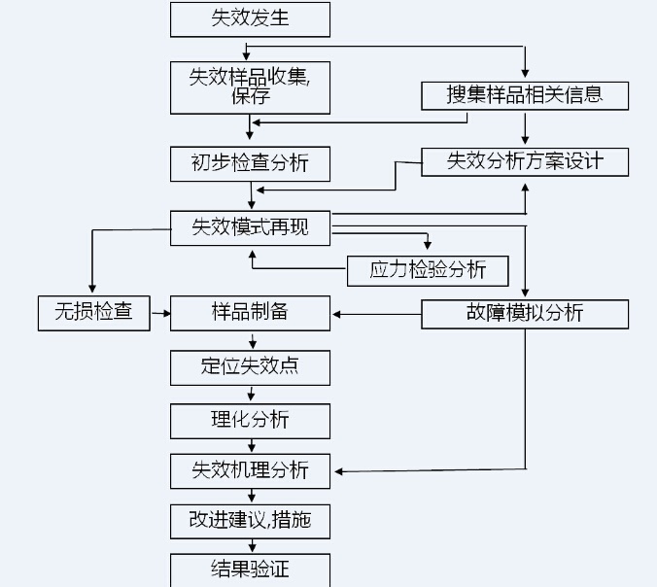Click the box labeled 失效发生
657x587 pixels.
pyautogui.click(x=250, y=19)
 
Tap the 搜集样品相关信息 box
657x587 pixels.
pyautogui.click(x=525, y=95)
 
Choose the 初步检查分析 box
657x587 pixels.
pyautogui.click(x=250, y=162)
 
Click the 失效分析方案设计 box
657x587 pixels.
pyautogui.click(x=525, y=161)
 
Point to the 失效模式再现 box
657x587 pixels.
pyautogui.click(x=250, y=227)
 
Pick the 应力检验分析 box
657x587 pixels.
pyautogui.click(x=428, y=270)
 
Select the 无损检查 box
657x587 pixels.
pyautogui.click(x=94, y=313)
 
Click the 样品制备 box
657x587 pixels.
pyautogui.click(x=250, y=313)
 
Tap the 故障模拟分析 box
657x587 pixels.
pyautogui.click(x=525, y=313)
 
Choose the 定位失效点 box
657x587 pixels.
pyautogui.click(x=250, y=367)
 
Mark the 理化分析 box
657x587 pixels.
pyautogui.click(x=250, y=420)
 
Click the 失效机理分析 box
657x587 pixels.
pyautogui.click(x=250, y=470)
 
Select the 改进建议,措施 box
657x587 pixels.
pyautogui.click(x=250, y=520)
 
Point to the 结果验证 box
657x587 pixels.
pyautogui.click(x=250, y=570)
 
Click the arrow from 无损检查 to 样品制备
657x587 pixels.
pyautogui.click(x=160, y=313)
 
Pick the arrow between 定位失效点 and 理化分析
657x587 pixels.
pyautogui.click(x=252, y=394)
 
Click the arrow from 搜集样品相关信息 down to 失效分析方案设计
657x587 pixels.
pyautogui.click(x=525, y=128)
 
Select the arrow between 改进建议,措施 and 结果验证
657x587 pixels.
pyautogui.click(x=252, y=545)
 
